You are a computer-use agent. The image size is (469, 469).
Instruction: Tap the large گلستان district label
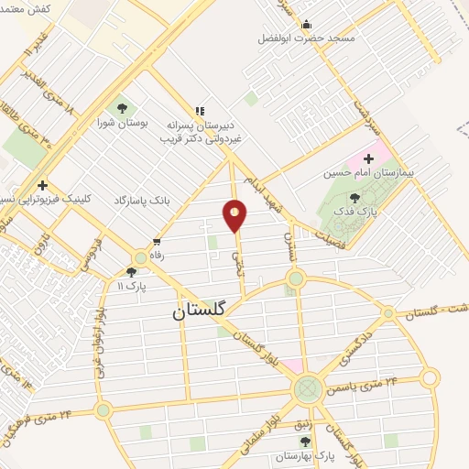click(203, 312)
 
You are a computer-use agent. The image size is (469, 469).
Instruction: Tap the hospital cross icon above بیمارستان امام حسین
click(369, 158)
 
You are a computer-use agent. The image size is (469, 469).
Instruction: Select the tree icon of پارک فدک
click(354, 197)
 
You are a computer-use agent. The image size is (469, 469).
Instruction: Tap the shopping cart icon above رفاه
click(157, 242)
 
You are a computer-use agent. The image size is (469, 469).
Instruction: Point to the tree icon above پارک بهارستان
click(305, 442)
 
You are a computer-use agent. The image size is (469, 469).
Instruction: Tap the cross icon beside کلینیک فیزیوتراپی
click(42, 185)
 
